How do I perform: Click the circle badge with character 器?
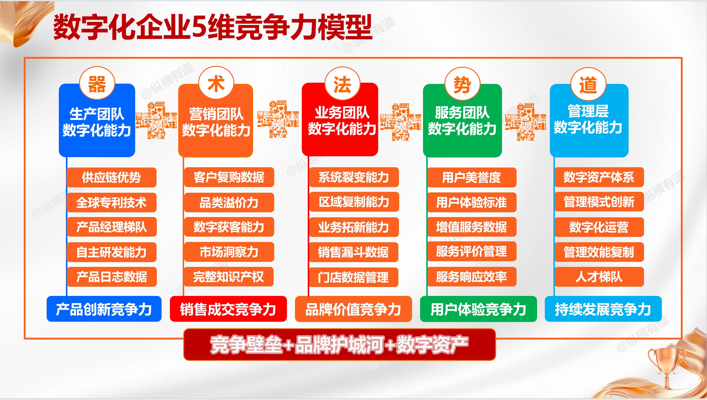(97, 83)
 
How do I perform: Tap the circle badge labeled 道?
(588, 85)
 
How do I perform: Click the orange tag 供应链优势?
(111, 177)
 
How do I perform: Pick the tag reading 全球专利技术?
(111, 203)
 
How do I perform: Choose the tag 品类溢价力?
(229, 203)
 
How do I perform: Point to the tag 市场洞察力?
(229, 252)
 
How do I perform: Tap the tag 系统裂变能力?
(353, 177)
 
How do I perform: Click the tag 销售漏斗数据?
(353, 252)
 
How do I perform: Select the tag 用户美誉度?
(472, 177)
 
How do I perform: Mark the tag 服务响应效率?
(472, 277)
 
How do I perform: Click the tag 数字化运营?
(599, 227)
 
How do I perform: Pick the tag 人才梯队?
(599, 277)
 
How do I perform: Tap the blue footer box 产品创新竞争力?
(104, 309)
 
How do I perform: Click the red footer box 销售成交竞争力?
(228, 309)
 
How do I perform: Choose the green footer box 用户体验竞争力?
(478, 309)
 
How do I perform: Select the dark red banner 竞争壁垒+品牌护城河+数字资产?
(339, 345)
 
